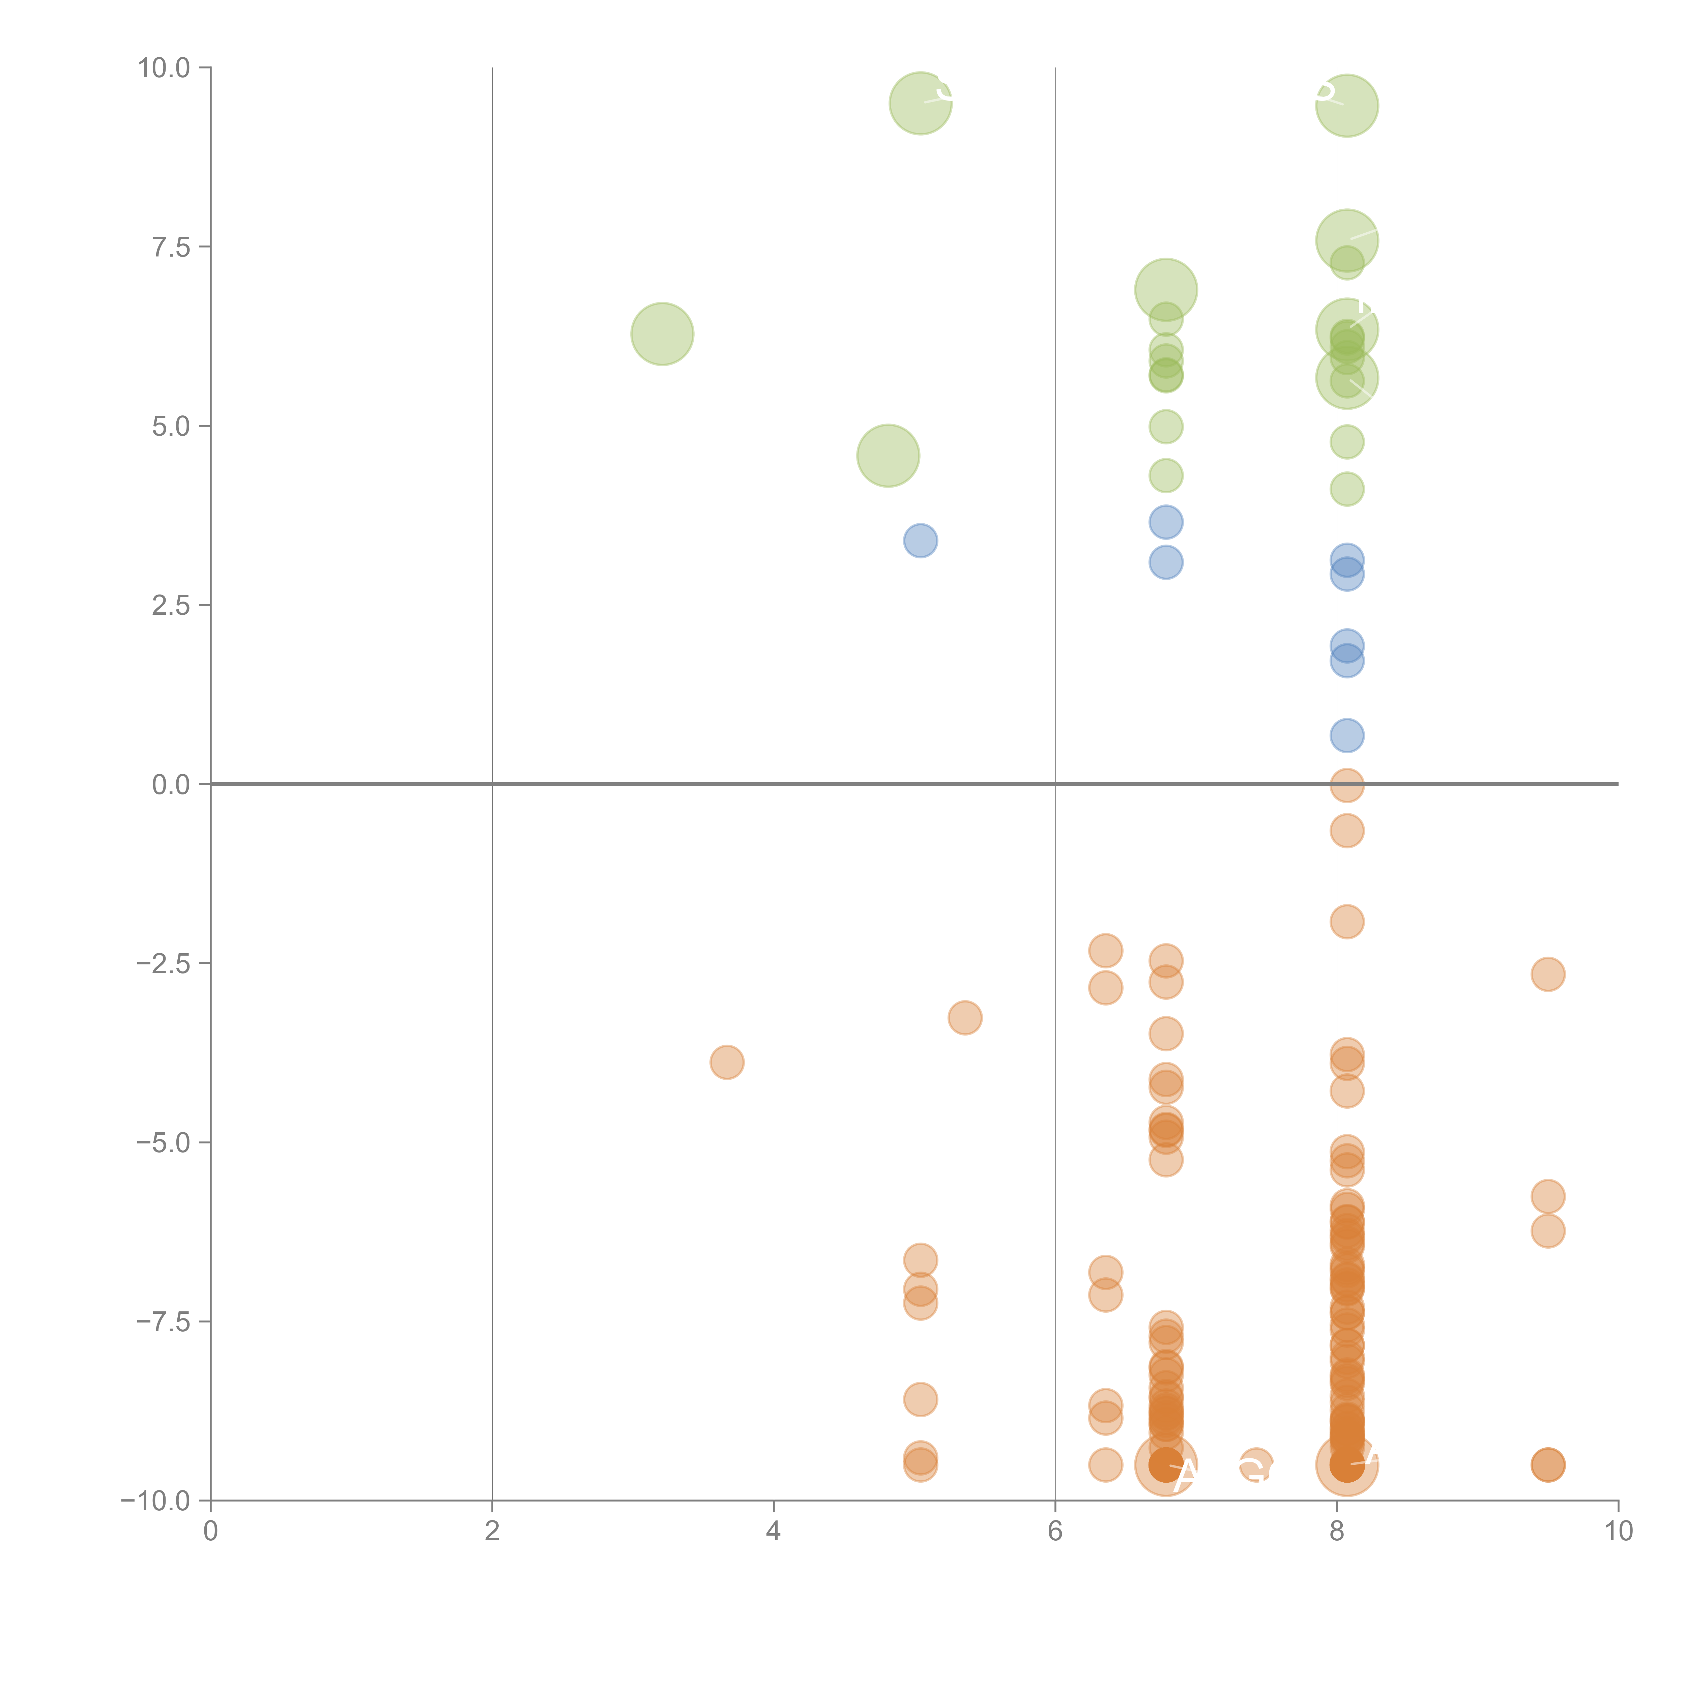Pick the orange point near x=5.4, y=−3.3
click(x=964, y=1018)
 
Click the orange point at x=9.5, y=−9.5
click(x=1547, y=1465)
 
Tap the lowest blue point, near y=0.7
click(x=1346, y=736)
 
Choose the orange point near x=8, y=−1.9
click(x=1346, y=922)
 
